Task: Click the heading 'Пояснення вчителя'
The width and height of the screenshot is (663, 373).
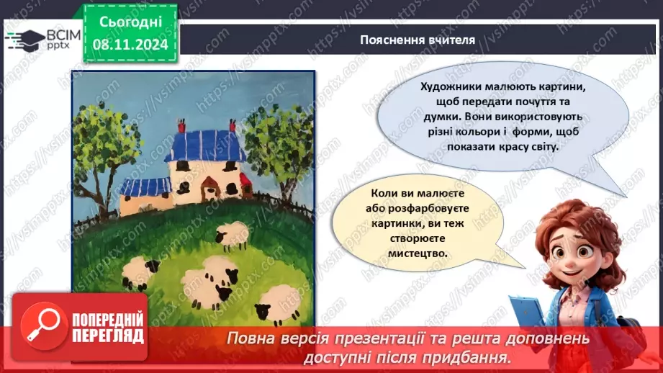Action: [418, 40]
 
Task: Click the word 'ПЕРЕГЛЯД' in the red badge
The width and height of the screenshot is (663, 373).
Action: [109, 336]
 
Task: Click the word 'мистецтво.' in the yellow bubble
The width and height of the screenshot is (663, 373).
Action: [410, 253]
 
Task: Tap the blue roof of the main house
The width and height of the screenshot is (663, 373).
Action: [205, 144]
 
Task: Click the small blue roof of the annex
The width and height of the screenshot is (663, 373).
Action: [145, 186]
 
